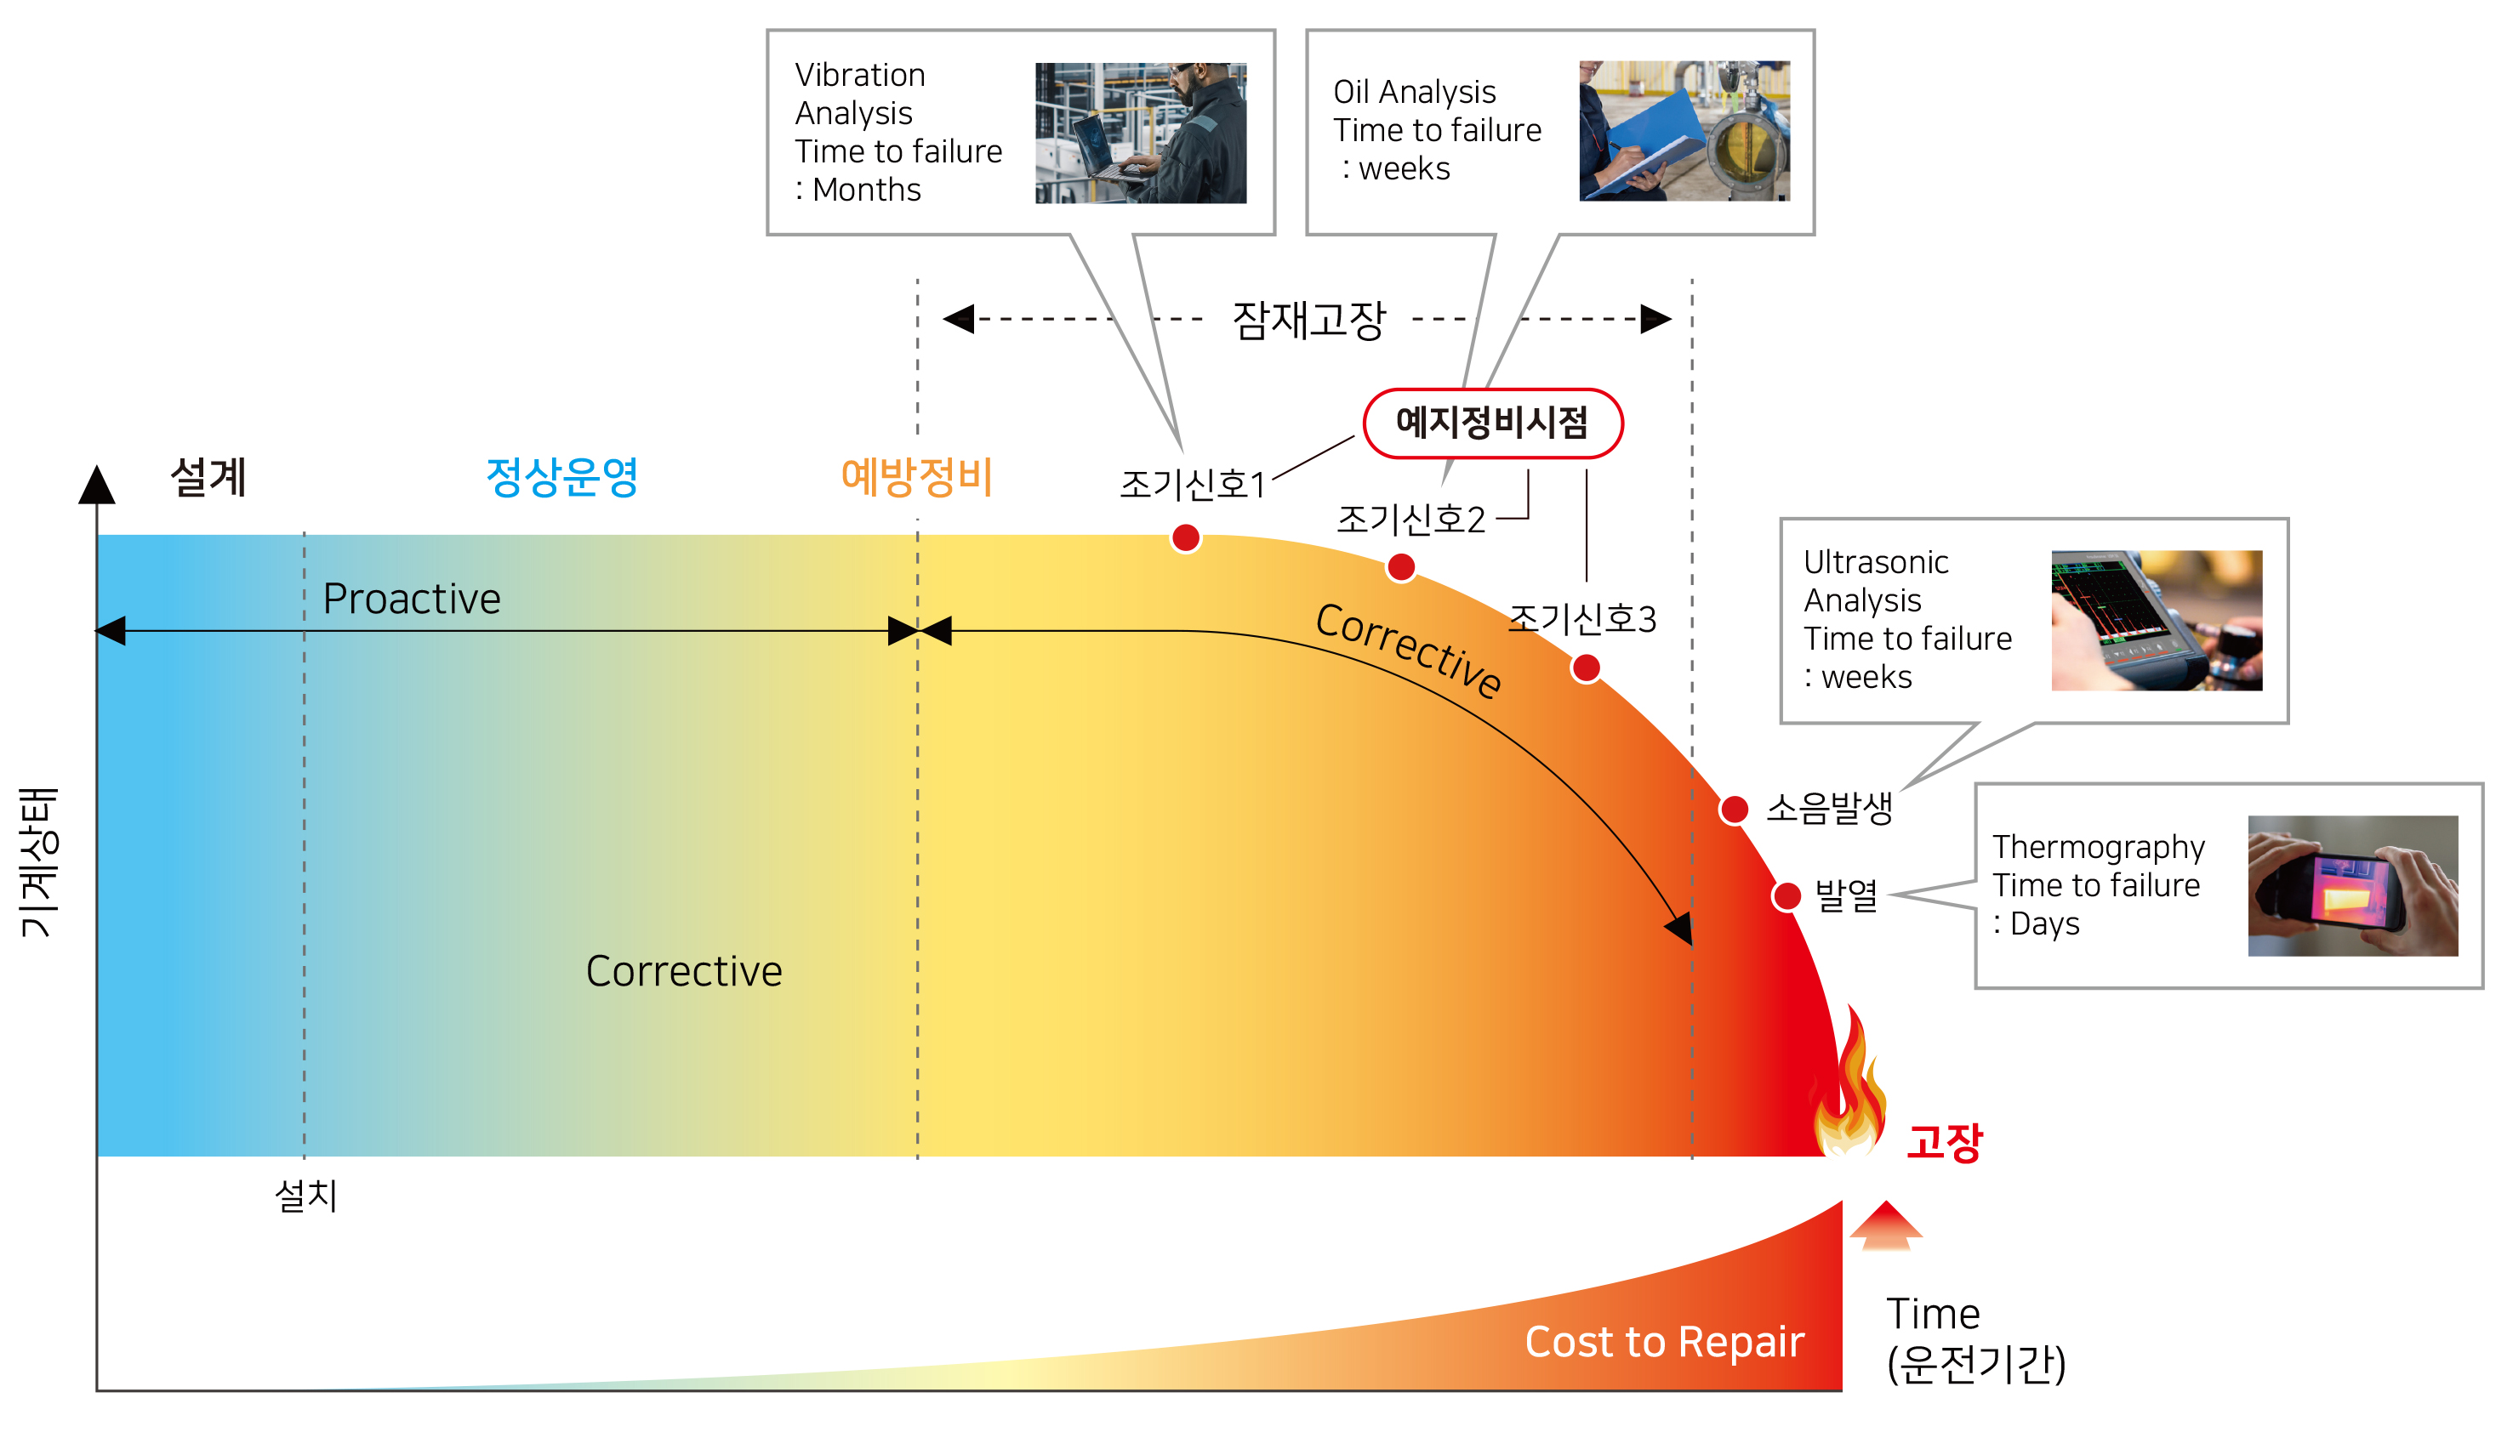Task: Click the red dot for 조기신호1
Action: (x=1185, y=538)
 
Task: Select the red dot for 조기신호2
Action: (x=1401, y=567)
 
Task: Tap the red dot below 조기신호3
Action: (x=1586, y=668)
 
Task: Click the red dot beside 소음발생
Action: (x=1735, y=809)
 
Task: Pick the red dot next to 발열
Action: (x=1787, y=895)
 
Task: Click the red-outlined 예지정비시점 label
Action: (x=1492, y=423)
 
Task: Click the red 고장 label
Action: (x=1945, y=1140)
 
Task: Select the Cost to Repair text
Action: (x=1664, y=1342)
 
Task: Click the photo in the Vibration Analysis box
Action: (x=1140, y=134)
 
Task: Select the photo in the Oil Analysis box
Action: (x=1684, y=130)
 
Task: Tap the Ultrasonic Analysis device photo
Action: (x=2157, y=621)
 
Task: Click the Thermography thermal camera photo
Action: (x=2353, y=886)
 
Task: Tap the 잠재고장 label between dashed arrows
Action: (x=1308, y=321)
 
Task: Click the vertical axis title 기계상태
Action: (x=40, y=862)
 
